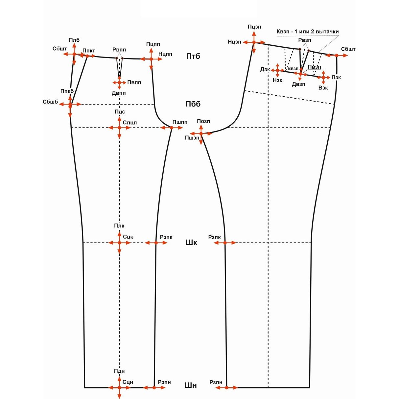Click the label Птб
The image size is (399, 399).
[x=193, y=56]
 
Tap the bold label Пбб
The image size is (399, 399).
[x=193, y=104]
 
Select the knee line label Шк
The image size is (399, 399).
[x=191, y=243]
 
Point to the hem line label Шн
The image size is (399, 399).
[x=191, y=385]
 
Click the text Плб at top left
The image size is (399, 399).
[x=74, y=40]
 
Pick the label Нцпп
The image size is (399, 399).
[x=165, y=54]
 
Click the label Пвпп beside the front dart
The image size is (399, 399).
[x=134, y=82]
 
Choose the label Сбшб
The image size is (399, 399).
[x=50, y=102]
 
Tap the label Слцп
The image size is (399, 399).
[x=130, y=123]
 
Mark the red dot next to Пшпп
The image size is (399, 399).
[x=172, y=128]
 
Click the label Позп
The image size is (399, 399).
[x=203, y=121]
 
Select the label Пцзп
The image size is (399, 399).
[x=254, y=27]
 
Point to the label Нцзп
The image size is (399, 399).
[x=235, y=42]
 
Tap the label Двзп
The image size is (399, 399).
[x=298, y=84]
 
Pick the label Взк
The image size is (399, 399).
[x=323, y=88]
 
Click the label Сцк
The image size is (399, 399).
[x=128, y=237]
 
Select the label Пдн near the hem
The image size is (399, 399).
[x=119, y=371]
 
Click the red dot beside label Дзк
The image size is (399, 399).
[x=278, y=70]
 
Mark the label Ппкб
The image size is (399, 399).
[x=67, y=91]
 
